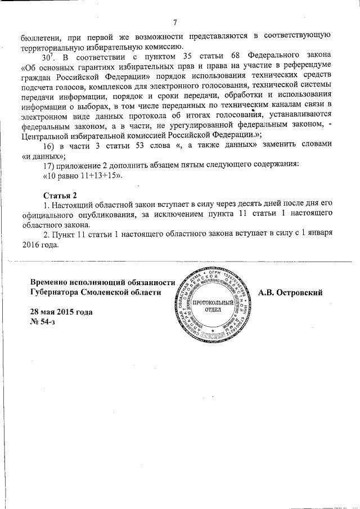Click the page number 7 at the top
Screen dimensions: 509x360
(x=175, y=22)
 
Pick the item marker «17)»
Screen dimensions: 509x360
(x=50, y=166)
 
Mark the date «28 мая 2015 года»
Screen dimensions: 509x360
(x=61, y=312)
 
